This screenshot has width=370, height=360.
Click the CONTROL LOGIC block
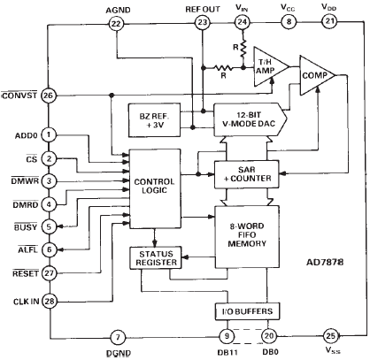pyautogui.click(x=155, y=188)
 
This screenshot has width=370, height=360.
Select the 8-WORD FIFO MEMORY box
pyautogui.click(x=247, y=237)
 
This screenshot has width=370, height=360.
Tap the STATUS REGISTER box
pyautogui.click(x=156, y=257)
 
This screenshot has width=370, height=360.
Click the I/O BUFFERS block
pyautogui.click(x=247, y=311)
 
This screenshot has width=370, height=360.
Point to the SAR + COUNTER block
pyautogui.click(x=246, y=174)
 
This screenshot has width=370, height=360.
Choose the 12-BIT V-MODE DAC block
pyautogui.click(x=251, y=119)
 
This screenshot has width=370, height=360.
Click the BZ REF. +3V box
pyautogui.click(x=154, y=119)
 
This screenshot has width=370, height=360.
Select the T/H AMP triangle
pyautogui.click(x=271, y=66)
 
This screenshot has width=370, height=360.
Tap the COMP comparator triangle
pyautogui.click(x=318, y=75)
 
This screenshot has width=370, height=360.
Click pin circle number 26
pyautogui.click(x=49, y=96)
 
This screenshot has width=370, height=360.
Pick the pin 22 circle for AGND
pyautogui.click(x=116, y=23)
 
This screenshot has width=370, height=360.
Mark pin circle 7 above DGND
pyautogui.click(x=118, y=337)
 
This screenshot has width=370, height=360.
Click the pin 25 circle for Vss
pyautogui.click(x=331, y=335)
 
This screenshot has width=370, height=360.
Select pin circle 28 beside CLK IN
pyautogui.click(x=50, y=301)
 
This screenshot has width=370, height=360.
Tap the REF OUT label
pyautogui.click(x=203, y=10)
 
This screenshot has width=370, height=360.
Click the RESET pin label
pyautogui.click(x=26, y=273)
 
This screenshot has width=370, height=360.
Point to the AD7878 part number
pyautogui.click(x=325, y=262)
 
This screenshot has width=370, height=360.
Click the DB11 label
pyautogui.click(x=227, y=352)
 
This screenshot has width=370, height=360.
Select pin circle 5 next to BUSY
pyautogui.click(x=49, y=226)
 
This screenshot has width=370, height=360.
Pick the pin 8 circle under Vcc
pyautogui.click(x=289, y=22)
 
